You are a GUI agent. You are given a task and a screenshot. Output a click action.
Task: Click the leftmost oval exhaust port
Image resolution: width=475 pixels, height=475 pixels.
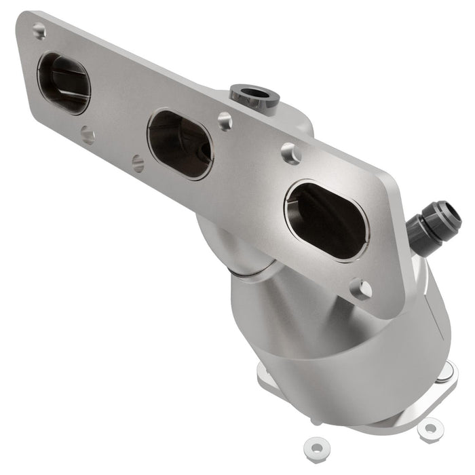pos(64,83)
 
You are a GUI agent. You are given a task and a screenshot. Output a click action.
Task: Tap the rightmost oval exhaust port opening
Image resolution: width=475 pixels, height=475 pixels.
pos(326,221)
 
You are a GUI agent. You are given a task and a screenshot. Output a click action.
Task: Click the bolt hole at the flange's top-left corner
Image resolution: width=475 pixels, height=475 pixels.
pos(39,31)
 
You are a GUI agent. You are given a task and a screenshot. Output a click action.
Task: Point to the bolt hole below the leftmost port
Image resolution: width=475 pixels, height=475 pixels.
pos(87,135)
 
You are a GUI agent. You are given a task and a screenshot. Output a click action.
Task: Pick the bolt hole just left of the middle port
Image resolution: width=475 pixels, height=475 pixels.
pos(138,163)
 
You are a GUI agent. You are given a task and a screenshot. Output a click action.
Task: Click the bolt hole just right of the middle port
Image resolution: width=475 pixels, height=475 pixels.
pos(225,121)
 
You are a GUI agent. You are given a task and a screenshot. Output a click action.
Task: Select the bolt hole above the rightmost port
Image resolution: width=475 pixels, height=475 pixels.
pos(290,154)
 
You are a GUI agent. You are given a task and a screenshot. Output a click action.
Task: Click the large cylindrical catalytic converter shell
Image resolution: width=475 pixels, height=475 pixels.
pos(339,373)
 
